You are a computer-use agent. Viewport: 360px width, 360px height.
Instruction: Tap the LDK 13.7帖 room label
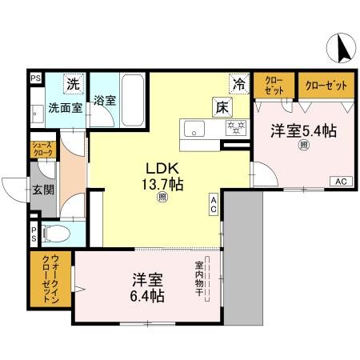(x=164, y=177)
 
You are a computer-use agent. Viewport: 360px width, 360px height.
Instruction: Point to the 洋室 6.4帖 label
(x=148, y=288)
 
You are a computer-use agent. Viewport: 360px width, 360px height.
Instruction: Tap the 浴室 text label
(x=104, y=102)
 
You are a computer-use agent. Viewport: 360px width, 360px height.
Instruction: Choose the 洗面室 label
(x=64, y=106)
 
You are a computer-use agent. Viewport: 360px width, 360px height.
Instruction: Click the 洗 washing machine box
(x=74, y=82)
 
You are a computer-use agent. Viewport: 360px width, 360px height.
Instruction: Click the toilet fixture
(x=55, y=235)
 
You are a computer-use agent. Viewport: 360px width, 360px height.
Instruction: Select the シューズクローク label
(x=43, y=150)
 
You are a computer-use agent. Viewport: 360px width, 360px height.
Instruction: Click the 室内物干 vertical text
(x=199, y=280)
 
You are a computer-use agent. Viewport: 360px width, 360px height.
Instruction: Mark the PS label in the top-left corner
(x=34, y=78)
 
